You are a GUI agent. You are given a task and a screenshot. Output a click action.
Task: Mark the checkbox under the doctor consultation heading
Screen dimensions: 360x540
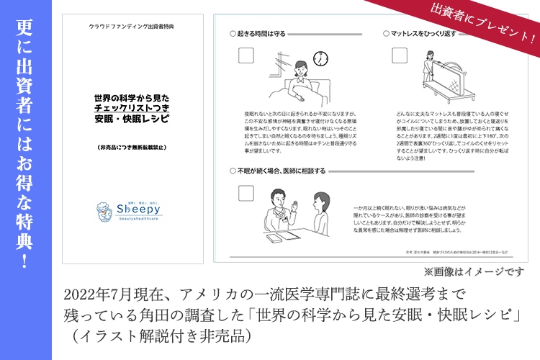(x=246, y=194)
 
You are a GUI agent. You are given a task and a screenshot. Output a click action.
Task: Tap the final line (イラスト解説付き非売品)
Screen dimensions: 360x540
(x=158, y=335)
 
